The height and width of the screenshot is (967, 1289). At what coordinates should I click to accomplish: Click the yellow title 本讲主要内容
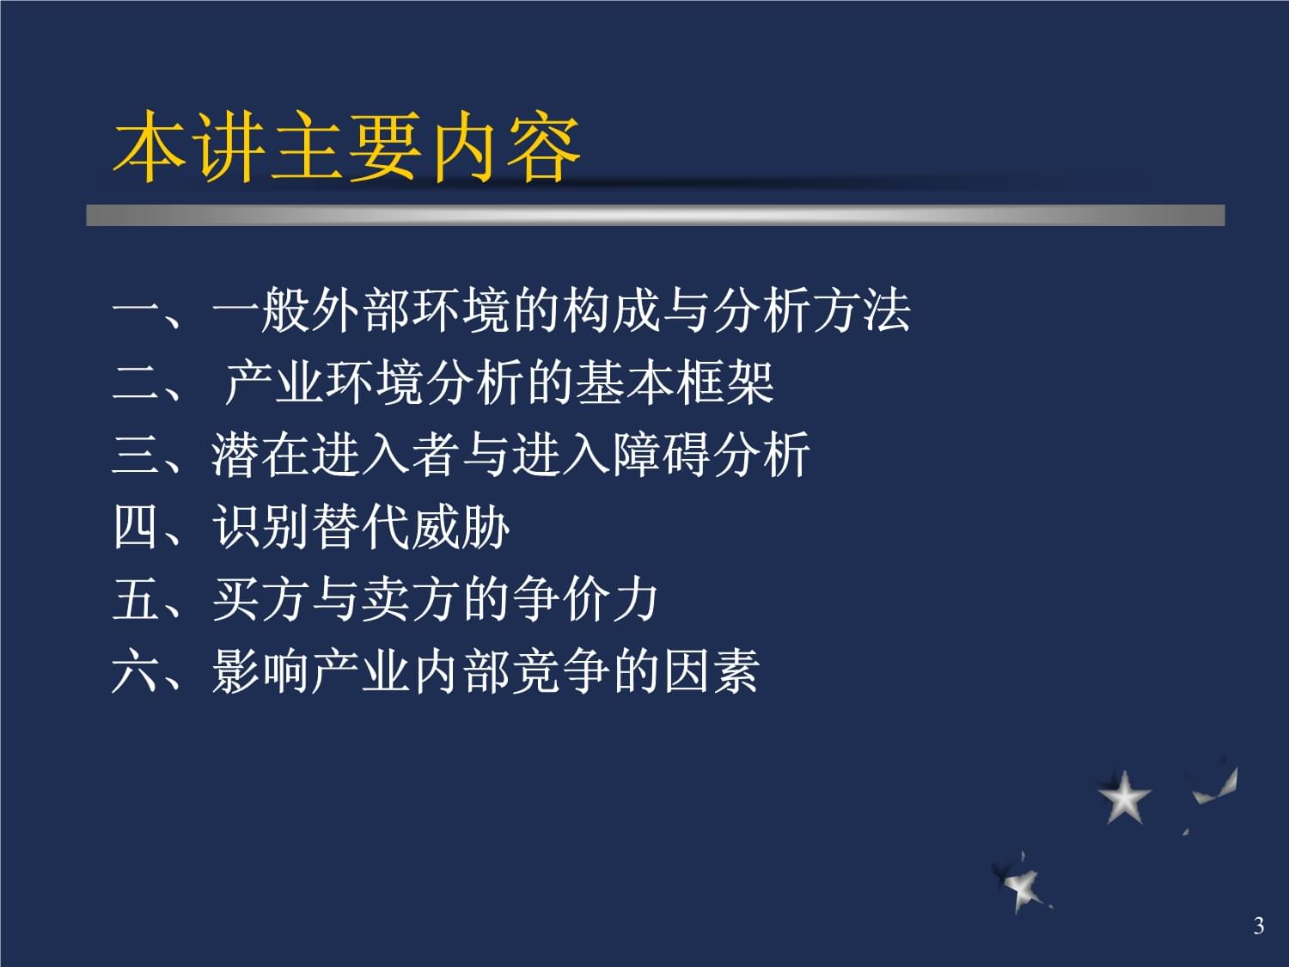point(346,146)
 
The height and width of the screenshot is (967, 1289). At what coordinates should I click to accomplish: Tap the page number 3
point(1258,926)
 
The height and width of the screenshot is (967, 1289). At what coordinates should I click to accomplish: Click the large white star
point(1124,797)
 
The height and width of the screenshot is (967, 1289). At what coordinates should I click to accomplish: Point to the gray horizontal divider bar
point(656,215)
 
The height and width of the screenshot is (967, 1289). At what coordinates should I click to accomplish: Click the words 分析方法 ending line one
point(811,310)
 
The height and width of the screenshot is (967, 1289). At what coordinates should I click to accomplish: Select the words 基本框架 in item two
point(675,383)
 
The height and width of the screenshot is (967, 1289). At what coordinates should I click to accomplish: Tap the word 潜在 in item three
point(260,455)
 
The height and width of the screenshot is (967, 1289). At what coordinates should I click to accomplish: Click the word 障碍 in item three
point(661,455)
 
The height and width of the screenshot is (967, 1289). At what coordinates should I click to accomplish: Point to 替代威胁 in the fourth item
point(411,527)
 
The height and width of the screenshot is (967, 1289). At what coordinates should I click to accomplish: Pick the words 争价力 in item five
point(585,599)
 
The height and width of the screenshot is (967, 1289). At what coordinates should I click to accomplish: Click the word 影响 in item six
point(260,671)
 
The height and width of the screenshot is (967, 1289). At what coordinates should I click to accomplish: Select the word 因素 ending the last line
point(712,671)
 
